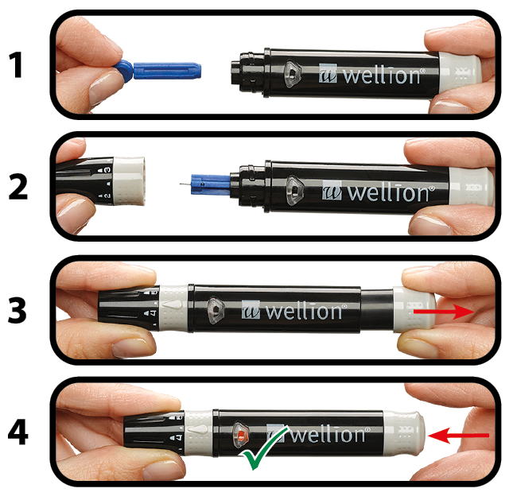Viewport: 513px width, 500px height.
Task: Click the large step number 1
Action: (16, 64)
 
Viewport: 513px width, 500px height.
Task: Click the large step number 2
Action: (18, 186)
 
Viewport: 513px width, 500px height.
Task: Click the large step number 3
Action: (17, 311)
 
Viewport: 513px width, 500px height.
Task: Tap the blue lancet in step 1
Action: (157, 70)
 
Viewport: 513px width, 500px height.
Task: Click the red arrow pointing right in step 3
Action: (444, 312)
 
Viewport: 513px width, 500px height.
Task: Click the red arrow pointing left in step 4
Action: (458, 436)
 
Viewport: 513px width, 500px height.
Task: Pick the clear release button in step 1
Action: (292, 74)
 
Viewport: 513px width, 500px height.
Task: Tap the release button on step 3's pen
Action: (216, 310)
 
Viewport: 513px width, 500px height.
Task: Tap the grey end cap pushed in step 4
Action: (403, 432)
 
